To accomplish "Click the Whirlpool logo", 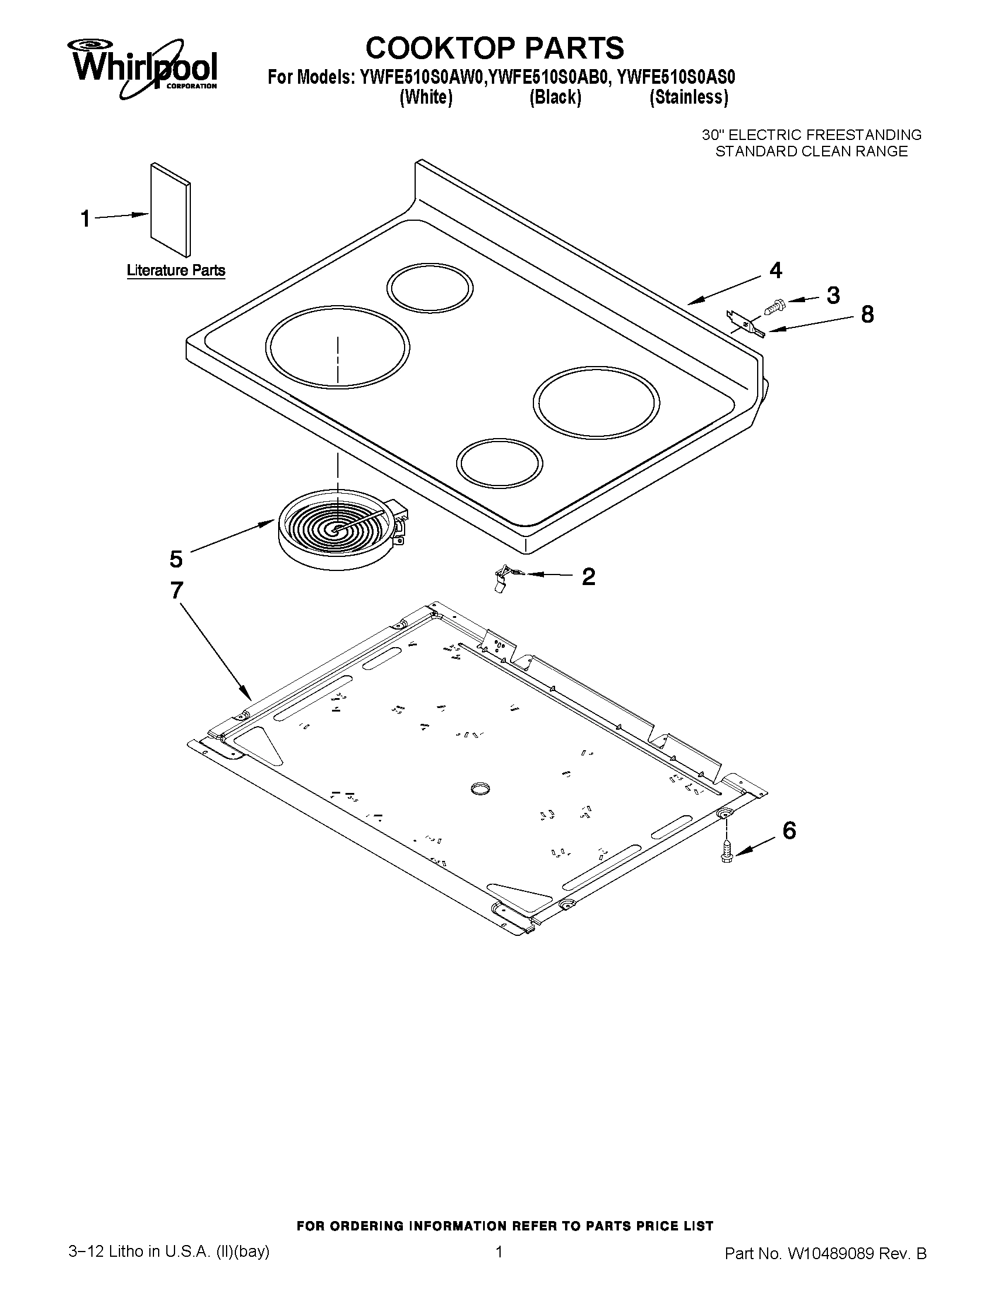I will pos(145,68).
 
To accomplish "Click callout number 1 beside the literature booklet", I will pos(85,218).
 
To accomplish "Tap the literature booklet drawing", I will pos(170,210).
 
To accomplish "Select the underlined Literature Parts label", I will pos(176,271).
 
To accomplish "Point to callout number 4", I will pos(776,270).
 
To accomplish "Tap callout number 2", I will pos(588,576).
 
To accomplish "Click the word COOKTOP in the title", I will pos(440,48).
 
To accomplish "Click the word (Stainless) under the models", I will pos(689,97).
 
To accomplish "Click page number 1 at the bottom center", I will pos(499,1264).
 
